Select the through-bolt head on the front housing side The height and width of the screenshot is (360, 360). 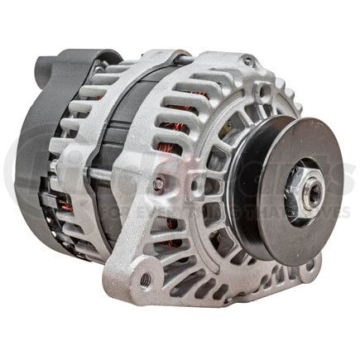[158, 184]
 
